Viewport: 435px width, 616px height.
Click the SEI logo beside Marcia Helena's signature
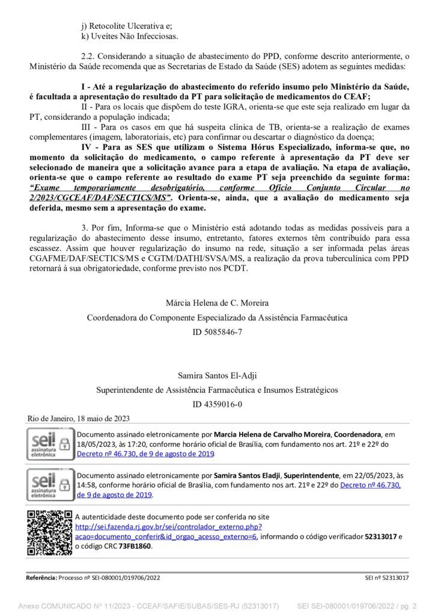(x=50, y=445)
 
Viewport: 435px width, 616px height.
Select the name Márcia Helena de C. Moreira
(x=217, y=303)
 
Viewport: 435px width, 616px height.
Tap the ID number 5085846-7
(x=217, y=331)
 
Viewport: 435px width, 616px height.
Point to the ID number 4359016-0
(x=217, y=404)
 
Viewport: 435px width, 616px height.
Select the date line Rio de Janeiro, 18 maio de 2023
(x=79, y=419)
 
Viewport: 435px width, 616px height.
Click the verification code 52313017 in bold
(x=381, y=536)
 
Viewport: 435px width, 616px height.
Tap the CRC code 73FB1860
(x=135, y=546)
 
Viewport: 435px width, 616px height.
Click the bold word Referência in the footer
(x=41, y=577)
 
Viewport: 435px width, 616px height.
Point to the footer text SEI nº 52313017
(x=387, y=577)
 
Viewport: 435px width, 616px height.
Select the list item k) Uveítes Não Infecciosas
(x=129, y=37)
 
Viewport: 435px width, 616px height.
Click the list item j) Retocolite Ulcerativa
(x=126, y=26)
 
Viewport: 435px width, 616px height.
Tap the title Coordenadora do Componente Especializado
(x=217, y=317)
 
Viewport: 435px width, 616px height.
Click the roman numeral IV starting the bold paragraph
(x=86, y=146)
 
